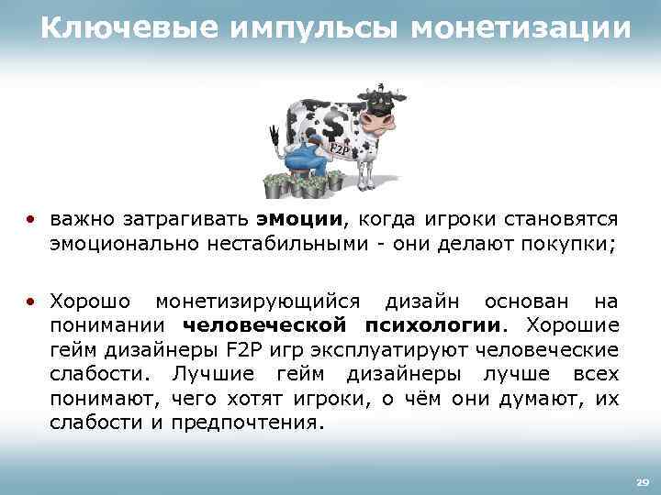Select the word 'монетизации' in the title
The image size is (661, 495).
click(x=521, y=30)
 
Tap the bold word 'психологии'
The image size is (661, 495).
click(x=433, y=325)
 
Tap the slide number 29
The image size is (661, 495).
click(x=642, y=481)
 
